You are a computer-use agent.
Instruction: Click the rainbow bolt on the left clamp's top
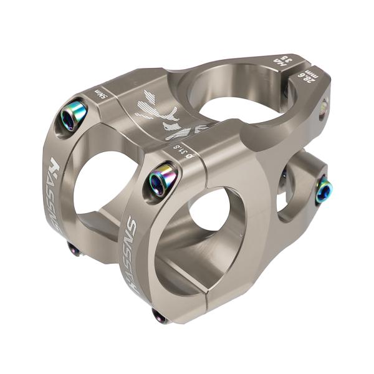[74, 115]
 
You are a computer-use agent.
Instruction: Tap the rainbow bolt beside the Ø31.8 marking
[162, 180]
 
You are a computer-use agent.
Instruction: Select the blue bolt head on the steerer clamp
[324, 190]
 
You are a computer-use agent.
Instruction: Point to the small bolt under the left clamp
[74, 249]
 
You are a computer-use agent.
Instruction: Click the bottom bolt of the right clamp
[160, 317]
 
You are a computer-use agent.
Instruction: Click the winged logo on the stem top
[156, 112]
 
